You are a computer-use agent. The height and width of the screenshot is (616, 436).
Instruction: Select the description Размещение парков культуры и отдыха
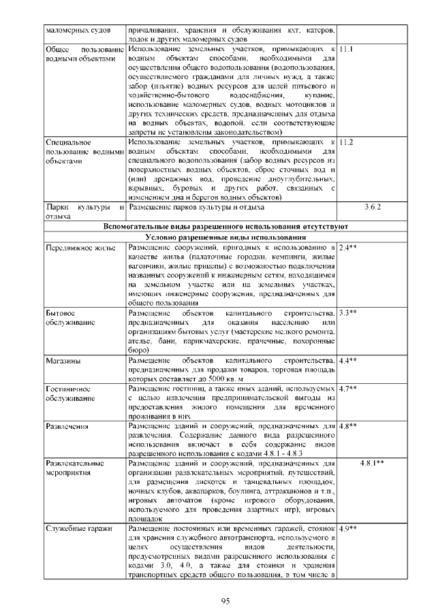pyautogui.click(x=196, y=205)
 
